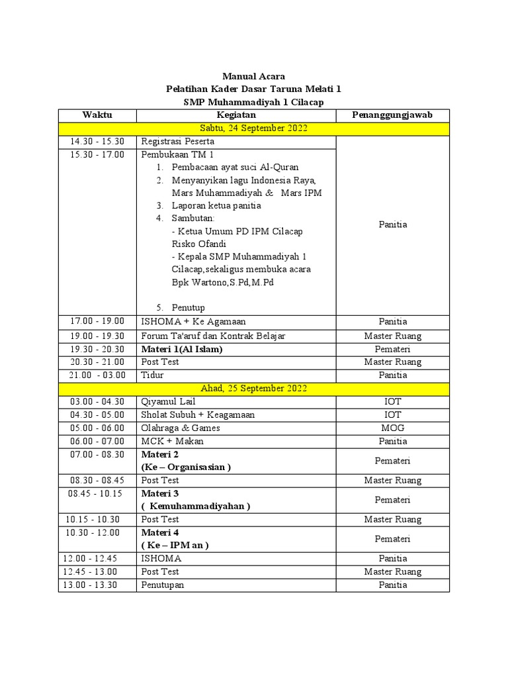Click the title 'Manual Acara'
click(x=253, y=76)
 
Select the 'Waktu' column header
click(x=97, y=115)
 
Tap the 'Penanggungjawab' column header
click(x=393, y=115)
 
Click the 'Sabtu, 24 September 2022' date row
click(x=253, y=128)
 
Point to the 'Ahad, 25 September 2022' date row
click(x=253, y=388)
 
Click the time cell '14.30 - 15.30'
click(x=97, y=141)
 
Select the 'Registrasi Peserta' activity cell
click(x=177, y=141)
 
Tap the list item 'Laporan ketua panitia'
click(x=216, y=205)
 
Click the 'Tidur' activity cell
click(x=152, y=375)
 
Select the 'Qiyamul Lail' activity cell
click(x=168, y=401)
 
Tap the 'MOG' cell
click(x=393, y=428)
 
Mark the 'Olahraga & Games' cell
click(x=181, y=428)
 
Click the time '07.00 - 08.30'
click(x=97, y=454)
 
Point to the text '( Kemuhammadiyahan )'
click(x=196, y=507)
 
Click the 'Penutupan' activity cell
click(x=163, y=585)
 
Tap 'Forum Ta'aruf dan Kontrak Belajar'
click(x=213, y=336)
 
